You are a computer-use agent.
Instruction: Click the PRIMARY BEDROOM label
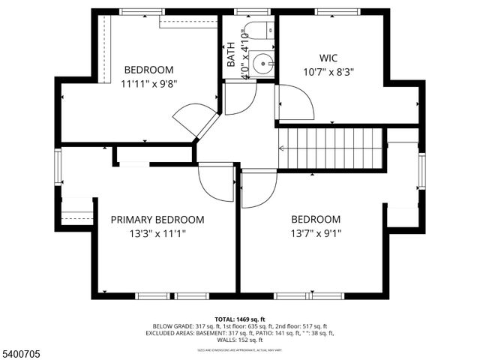point(157,220)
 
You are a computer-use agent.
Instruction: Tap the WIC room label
point(329,57)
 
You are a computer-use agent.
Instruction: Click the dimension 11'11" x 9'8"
point(148,83)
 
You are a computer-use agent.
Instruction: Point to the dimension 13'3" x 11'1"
point(157,233)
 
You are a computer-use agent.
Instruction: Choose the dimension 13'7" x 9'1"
point(315,233)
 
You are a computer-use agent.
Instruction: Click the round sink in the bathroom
point(262,61)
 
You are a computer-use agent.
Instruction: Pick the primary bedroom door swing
point(215,182)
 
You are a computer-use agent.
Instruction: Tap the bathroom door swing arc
point(240,98)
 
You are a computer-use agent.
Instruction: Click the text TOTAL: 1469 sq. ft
point(240,319)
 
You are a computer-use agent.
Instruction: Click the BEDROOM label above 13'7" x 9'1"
point(315,220)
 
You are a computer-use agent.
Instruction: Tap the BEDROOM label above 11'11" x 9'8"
point(148,70)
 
